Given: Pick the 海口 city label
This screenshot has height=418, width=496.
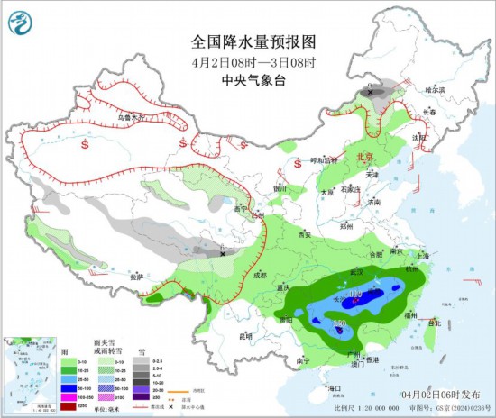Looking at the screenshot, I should (335, 387).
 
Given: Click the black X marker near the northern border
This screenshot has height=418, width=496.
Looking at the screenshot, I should (372, 91).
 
